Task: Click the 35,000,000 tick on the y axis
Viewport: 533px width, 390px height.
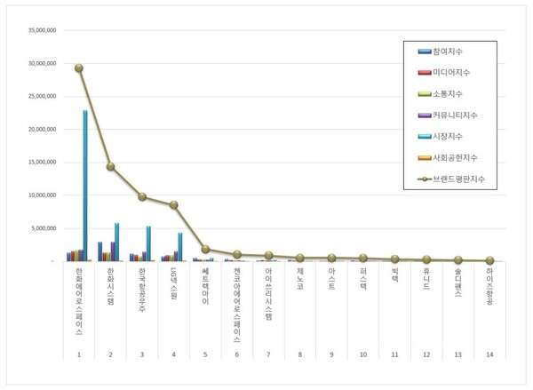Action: click(x=41, y=30)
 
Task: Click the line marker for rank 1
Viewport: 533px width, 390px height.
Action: click(x=79, y=68)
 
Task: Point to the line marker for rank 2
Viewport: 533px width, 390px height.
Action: click(x=110, y=166)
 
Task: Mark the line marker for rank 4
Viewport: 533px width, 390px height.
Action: click(x=173, y=205)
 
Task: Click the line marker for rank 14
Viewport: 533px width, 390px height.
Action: click(x=489, y=260)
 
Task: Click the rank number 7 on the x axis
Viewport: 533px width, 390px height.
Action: click(x=268, y=354)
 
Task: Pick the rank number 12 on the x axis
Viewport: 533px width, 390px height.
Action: click(x=426, y=354)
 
